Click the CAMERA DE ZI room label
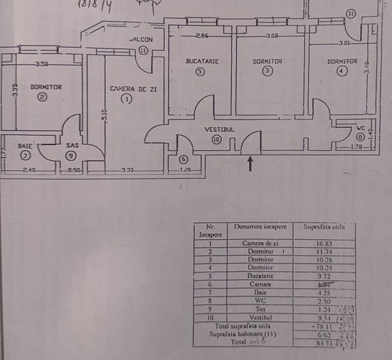132,89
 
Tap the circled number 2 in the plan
42,97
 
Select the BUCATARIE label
202,61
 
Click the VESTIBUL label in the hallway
220,129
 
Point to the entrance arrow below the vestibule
250,164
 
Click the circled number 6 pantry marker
184,159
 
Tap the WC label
361,127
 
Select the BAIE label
26,146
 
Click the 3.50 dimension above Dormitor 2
42,64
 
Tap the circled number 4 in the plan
341,71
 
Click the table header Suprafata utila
324,226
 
